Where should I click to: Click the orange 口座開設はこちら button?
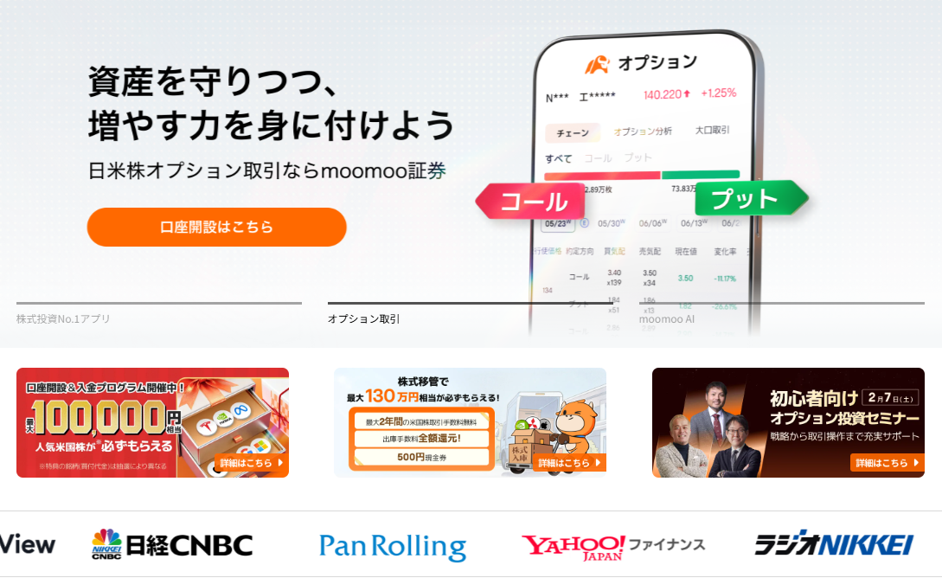point(216,227)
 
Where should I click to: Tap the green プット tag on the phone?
point(745,199)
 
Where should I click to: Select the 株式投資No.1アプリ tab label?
point(64,318)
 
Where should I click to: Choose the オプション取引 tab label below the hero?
point(364,318)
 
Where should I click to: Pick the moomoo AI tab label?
point(667,318)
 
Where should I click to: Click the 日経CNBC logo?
point(172,544)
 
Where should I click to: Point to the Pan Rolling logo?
point(392,546)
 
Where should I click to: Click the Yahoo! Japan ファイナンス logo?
point(612,545)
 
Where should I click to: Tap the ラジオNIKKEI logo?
point(833,544)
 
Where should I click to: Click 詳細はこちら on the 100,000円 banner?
point(252,463)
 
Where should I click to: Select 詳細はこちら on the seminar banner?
point(887,463)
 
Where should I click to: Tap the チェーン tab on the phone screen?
point(573,132)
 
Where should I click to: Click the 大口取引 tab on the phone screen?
point(712,131)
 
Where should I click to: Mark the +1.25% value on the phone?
point(718,93)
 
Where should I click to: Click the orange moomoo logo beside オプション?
point(597,64)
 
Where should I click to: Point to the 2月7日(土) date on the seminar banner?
point(889,397)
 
